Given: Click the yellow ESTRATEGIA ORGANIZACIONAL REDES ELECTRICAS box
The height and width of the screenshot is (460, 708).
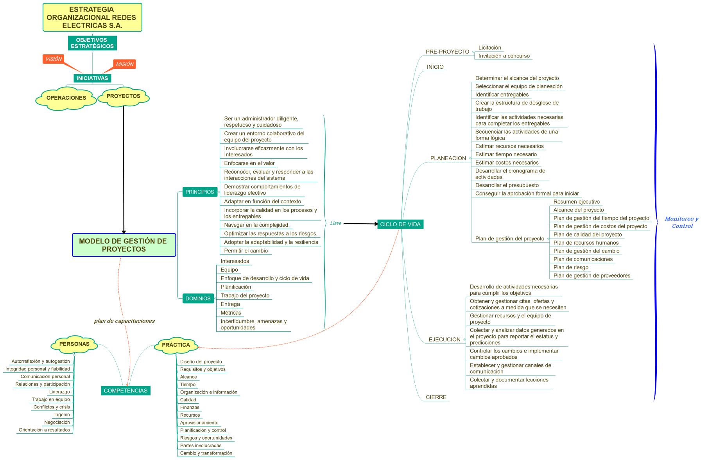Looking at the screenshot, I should (92, 18).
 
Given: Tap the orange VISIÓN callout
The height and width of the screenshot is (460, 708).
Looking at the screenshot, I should (54, 59).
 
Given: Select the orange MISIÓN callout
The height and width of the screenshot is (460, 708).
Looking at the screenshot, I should (125, 64).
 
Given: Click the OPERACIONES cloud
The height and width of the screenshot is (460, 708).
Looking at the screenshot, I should (66, 98).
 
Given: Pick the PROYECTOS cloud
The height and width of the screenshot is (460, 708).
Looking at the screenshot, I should (124, 96).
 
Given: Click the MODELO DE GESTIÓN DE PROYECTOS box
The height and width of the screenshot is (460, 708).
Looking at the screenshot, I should (124, 245).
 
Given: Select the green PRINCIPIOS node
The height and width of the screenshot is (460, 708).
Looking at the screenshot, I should (200, 192).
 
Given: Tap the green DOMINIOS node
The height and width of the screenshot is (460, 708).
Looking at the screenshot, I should (198, 299).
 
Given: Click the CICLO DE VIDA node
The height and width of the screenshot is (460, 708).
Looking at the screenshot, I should (400, 224).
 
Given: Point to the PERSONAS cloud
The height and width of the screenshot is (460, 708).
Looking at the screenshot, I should (74, 344).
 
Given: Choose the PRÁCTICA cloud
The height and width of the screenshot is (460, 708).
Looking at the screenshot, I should (176, 345).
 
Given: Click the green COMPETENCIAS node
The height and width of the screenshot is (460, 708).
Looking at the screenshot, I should (125, 391).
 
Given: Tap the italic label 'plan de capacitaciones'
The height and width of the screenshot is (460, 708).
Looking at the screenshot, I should (124, 321).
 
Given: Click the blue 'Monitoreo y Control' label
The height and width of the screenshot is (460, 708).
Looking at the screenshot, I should (682, 222).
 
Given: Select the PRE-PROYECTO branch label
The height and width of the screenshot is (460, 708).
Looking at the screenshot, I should (447, 52).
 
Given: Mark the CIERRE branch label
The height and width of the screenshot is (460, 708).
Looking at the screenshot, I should (436, 397).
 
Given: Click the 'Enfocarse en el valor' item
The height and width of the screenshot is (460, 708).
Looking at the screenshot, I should (249, 163).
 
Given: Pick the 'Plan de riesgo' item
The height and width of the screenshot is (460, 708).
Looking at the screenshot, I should (571, 267).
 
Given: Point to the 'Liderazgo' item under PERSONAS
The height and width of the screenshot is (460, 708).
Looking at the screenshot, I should (59, 392).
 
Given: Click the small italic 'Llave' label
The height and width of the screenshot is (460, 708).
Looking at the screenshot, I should (335, 223).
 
